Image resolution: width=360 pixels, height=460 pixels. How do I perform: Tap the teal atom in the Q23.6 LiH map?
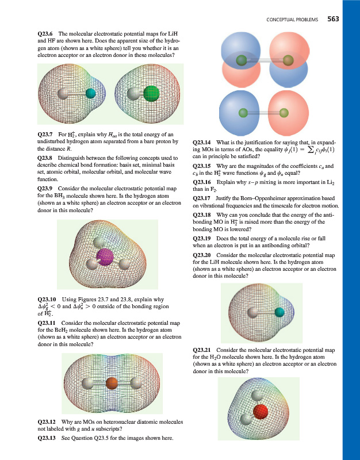(90, 94)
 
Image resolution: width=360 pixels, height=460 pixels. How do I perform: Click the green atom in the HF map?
(151, 93)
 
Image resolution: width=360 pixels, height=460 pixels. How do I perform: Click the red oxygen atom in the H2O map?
(262, 411)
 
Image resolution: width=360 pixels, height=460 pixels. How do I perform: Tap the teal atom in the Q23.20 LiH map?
(279, 312)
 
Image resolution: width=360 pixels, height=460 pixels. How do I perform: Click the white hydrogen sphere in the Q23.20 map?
(251, 313)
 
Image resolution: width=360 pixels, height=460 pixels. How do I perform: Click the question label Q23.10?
(48, 299)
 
